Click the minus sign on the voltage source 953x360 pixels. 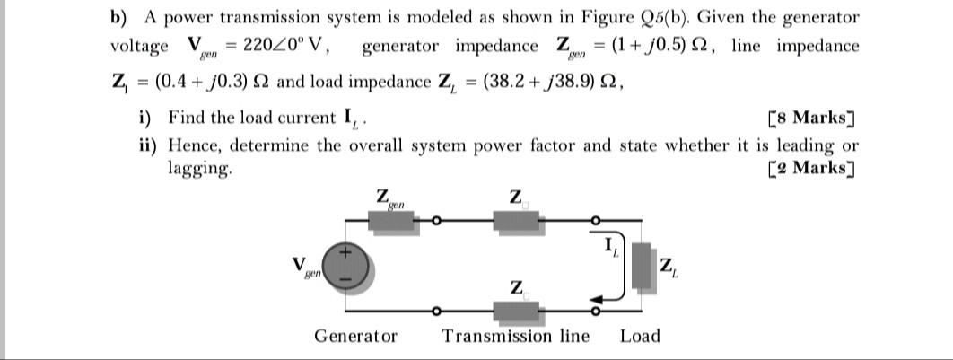[x=345, y=279]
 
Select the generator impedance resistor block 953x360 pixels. [x=391, y=220]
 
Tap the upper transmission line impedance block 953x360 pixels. [x=515, y=220]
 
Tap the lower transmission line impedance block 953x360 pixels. [x=515, y=311]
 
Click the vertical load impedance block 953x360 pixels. [x=641, y=266]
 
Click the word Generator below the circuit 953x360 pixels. [x=355, y=337]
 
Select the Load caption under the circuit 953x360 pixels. [x=640, y=337]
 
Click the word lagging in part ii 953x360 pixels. [x=199, y=169]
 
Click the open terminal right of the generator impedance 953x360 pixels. [x=435, y=220]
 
